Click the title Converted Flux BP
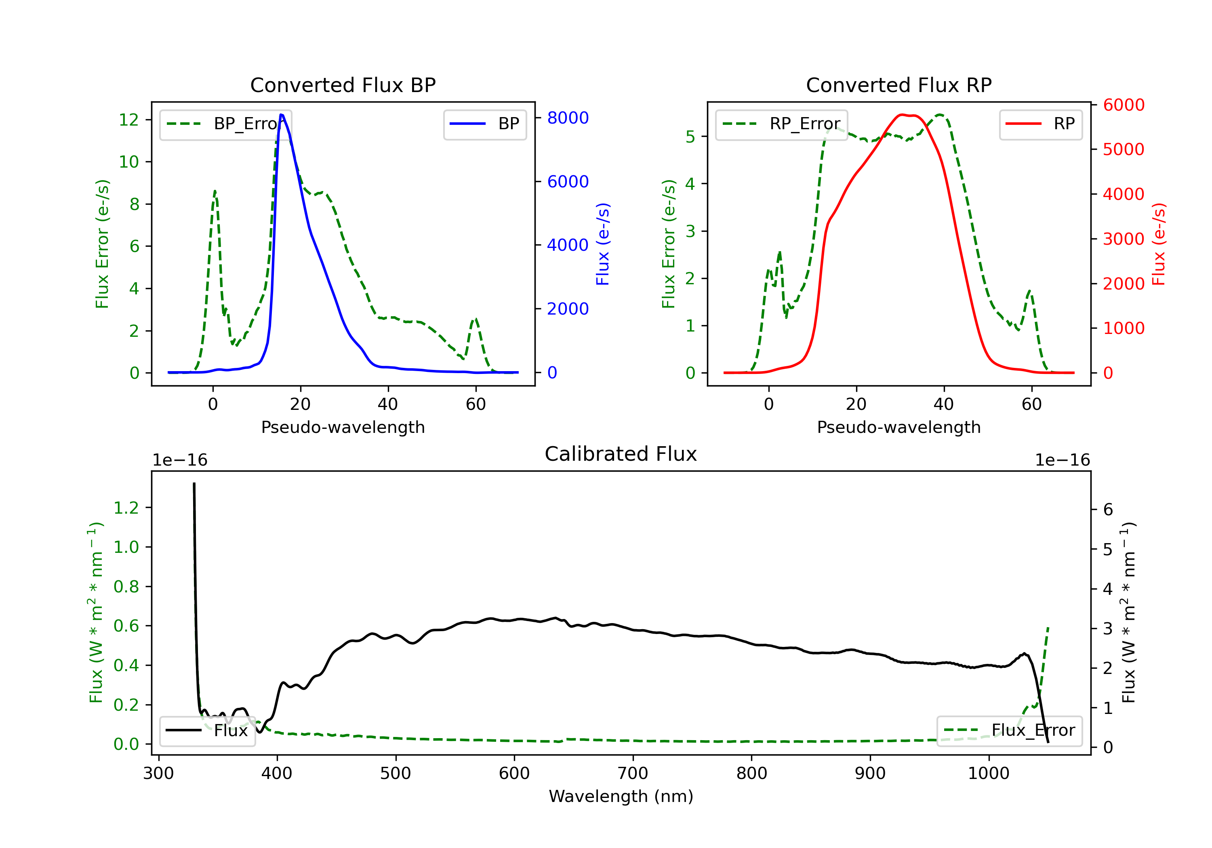[x=343, y=85]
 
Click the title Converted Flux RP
[x=898, y=85]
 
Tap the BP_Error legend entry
[x=225, y=124]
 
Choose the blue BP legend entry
[x=484, y=124]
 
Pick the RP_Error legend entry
[x=781, y=124]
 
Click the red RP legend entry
[x=1040, y=124]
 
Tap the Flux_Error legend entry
[x=1009, y=730]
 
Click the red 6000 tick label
[x=1123, y=105]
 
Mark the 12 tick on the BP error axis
[x=129, y=120]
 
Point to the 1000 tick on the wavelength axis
[x=988, y=774]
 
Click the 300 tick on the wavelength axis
[x=158, y=774]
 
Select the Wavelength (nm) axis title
[x=621, y=796]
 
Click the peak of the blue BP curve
[x=281, y=115]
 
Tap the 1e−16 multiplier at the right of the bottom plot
[x=1062, y=460]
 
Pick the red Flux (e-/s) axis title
[x=1158, y=244]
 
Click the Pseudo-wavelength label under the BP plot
[x=343, y=427]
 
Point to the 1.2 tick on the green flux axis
[x=126, y=508]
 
